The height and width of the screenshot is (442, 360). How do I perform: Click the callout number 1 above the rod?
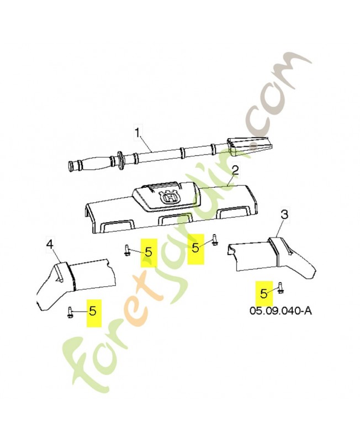[137, 133]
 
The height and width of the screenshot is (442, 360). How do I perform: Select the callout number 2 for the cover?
[235, 171]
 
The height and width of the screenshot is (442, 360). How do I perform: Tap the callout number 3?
[284, 215]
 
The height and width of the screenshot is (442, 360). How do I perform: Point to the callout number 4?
[50, 245]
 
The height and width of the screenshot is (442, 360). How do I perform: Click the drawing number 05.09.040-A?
[280, 311]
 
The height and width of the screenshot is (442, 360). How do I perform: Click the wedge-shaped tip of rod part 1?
[250, 146]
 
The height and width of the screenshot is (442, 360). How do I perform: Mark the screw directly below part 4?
[70, 313]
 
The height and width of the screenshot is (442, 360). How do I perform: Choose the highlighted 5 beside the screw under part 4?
[93, 311]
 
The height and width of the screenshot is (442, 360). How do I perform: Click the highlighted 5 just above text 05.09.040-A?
[264, 294]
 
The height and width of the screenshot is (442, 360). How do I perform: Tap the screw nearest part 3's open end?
[215, 240]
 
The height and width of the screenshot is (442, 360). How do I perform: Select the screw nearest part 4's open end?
[127, 250]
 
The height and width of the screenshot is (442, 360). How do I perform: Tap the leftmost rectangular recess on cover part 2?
[116, 227]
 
